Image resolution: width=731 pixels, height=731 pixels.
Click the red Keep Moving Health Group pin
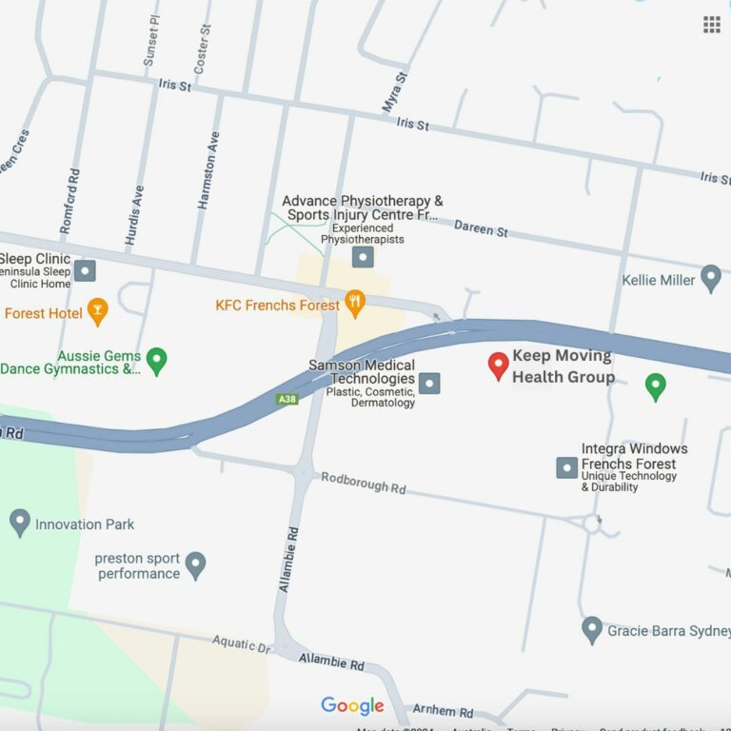[498, 365]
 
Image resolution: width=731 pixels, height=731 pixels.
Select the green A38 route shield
[287, 399]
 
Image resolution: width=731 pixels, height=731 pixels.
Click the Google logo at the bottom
[352, 705]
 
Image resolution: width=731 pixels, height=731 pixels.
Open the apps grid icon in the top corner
[711, 25]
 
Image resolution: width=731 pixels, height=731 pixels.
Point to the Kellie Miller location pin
[710, 278]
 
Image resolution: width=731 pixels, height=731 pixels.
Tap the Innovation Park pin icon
[20, 522]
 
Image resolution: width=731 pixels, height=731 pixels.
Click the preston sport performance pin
[195, 564]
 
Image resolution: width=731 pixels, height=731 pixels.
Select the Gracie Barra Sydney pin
[592, 629]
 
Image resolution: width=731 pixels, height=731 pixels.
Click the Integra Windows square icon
[566, 467]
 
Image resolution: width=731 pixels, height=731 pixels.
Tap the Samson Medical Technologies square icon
[430, 384]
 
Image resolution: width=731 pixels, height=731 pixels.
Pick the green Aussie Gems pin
[157, 360]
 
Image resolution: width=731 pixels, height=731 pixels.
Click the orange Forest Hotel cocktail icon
[97, 310]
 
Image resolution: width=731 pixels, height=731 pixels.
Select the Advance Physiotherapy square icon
[363, 257]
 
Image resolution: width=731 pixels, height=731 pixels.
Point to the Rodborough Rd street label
[363, 483]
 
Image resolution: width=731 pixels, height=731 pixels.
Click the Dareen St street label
[481, 228]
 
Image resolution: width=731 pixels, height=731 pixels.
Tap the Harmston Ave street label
[207, 170]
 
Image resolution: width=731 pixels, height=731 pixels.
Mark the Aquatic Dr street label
[241, 644]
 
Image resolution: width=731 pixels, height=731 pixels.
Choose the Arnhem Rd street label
[442, 712]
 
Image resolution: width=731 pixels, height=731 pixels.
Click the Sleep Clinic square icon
[85, 271]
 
